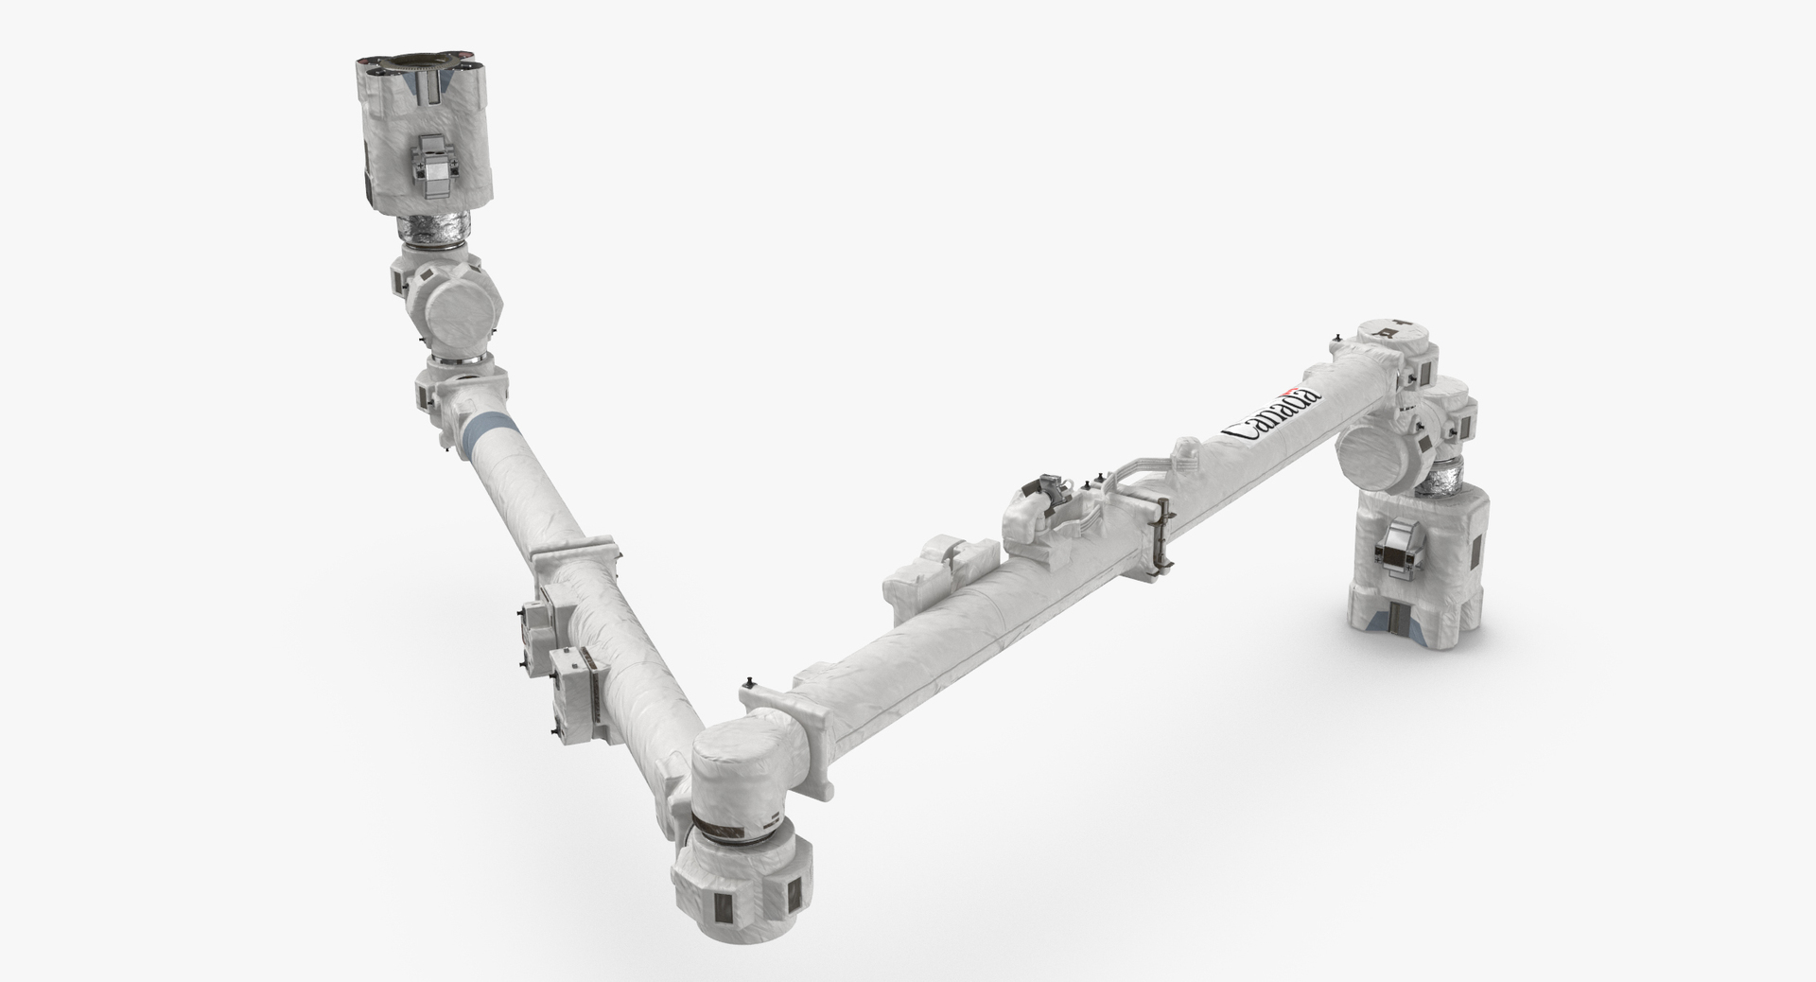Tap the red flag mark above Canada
pyautogui.click(x=1287, y=395)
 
